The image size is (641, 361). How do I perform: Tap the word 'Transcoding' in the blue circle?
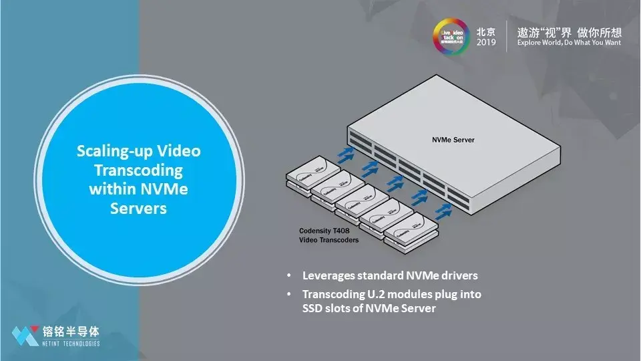[139, 170]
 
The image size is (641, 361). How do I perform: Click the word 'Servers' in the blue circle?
[138, 209]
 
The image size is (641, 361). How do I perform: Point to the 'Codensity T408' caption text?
[325, 231]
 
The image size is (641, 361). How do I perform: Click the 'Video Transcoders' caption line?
[328, 240]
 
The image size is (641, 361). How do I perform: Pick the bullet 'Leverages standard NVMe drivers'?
[390, 275]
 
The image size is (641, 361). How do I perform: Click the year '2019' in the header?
[486, 42]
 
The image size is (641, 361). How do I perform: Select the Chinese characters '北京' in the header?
[486, 31]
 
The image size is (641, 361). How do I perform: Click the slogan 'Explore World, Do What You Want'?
[568, 42]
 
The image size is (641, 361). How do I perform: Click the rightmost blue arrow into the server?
[442, 212]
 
